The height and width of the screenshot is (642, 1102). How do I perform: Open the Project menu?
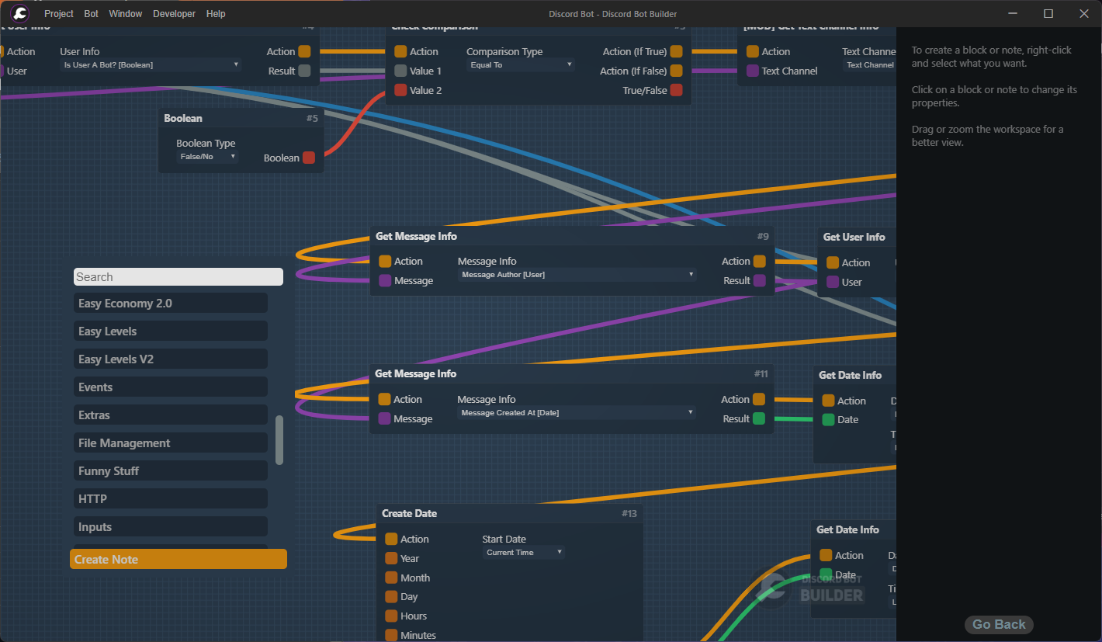pos(59,14)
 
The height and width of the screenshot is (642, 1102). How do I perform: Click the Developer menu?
pos(174,14)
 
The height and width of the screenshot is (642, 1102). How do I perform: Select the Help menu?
pos(216,14)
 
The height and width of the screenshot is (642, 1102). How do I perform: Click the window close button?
pos(1084,14)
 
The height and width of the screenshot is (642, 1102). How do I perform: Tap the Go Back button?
pos(999,624)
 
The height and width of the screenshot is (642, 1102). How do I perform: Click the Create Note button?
pos(178,559)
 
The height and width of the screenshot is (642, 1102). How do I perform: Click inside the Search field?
pos(178,277)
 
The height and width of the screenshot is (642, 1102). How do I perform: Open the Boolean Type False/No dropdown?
pos(207,157)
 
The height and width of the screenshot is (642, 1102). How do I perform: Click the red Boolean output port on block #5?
pos(309,158)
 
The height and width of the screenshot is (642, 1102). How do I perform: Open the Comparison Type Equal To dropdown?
pos(521,65)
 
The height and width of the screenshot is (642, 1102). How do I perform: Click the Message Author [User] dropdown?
pos(577,275)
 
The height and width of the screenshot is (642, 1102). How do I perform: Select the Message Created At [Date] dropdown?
pos(576,413)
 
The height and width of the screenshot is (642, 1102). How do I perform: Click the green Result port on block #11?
pos(759,418)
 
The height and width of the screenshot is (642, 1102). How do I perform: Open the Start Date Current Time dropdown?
pos(523,553)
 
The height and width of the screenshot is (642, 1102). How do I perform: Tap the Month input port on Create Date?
pos(391,578)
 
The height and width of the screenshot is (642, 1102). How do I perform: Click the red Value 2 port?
pos(400,90)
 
